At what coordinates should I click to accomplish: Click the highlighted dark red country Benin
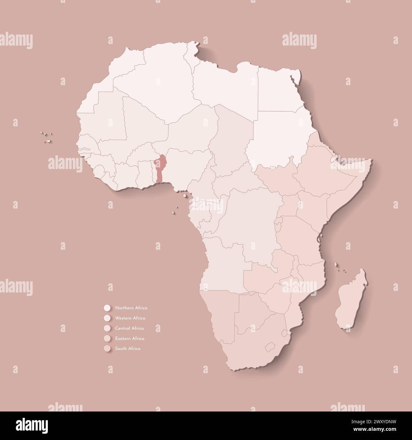point(160,168)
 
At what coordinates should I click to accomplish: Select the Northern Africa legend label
point(131,308)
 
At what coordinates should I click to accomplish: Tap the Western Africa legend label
point(130,318)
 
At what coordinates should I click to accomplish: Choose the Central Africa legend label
point(130,328)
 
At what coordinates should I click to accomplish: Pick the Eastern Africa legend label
point(130,338)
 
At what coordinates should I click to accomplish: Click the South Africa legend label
point(128,349)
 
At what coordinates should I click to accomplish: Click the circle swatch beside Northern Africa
point(107,308)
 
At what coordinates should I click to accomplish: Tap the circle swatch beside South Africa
point(107,349)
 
